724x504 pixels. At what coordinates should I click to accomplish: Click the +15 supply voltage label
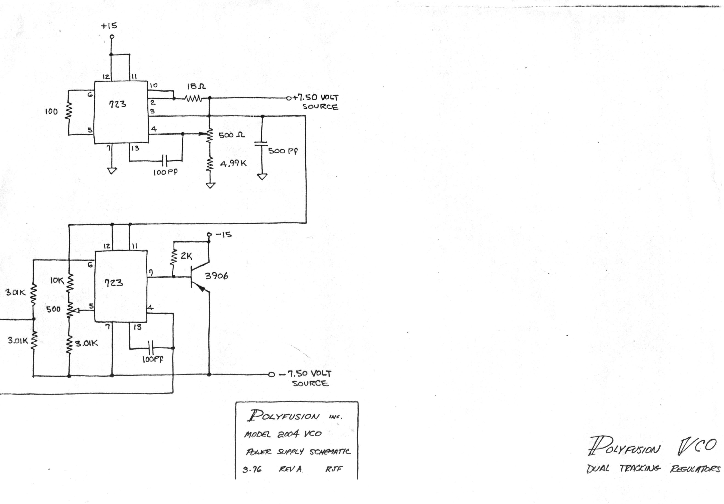tap(109, 25)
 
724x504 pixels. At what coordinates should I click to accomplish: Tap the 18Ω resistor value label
tap(196, 86)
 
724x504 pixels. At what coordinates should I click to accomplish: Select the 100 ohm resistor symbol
tap(68, 111)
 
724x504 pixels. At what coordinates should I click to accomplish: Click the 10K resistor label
tap(57, 280)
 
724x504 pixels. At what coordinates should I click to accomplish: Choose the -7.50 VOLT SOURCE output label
tap(305, 378)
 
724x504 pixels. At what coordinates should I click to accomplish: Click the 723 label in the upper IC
tap(117, 104)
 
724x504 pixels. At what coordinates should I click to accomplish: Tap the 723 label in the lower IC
tap(114, 282)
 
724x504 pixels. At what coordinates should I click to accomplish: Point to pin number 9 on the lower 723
tap(151, 272)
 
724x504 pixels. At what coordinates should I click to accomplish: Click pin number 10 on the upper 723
tap(153, 85)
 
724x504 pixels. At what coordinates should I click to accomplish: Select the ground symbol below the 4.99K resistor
tap(210, 185)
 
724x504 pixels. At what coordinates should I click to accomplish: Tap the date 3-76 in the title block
tap(252, 470)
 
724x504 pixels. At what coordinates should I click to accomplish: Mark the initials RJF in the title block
tap(334, 469)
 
